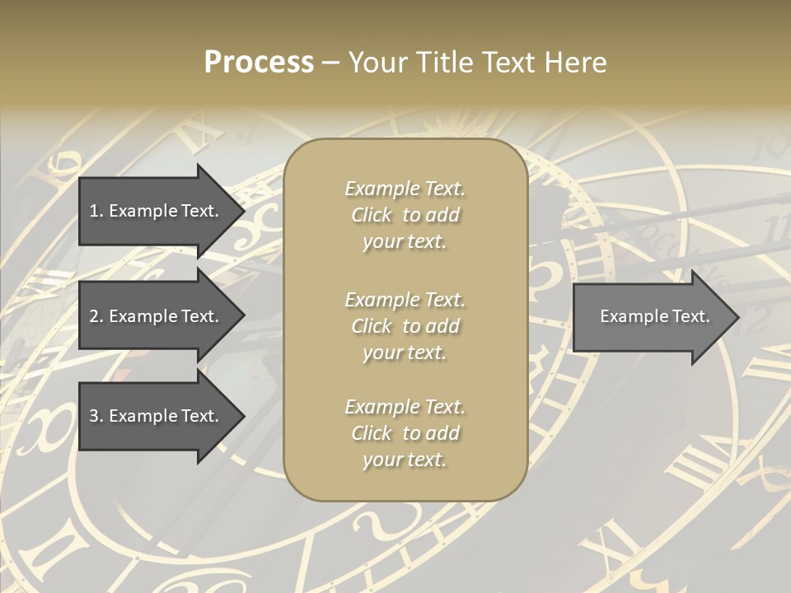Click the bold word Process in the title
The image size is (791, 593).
coord(259,63)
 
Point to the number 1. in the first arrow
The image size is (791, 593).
coord(96,211)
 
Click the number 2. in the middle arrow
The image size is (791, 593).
coord(96,316)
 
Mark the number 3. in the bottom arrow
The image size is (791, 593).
coord(96,416)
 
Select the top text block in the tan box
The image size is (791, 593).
coord(405,215)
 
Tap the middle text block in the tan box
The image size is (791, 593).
coord(405,325)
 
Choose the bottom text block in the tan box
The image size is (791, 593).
coord(405,433)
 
